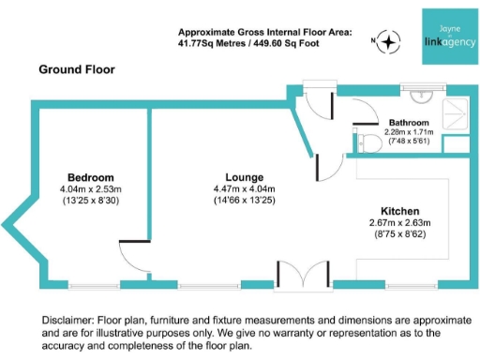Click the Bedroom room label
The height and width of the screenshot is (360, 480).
pos(91,177)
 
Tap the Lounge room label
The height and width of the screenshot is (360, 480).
pos(244,177)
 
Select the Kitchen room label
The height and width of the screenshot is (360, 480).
pos(399,211)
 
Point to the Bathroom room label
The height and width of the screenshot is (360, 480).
pos(409,123)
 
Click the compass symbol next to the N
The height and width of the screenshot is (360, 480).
pos(390,41)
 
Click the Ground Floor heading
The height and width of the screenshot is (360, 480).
pos(77,69)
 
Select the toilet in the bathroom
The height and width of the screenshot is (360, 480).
pos(368,142)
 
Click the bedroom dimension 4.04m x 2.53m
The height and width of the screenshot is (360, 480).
pos(91,188)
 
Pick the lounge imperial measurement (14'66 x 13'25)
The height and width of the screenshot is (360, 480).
pos(244,200)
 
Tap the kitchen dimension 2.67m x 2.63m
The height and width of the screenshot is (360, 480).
pos(399,223)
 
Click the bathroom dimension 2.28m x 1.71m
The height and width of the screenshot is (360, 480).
pos(409,132)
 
